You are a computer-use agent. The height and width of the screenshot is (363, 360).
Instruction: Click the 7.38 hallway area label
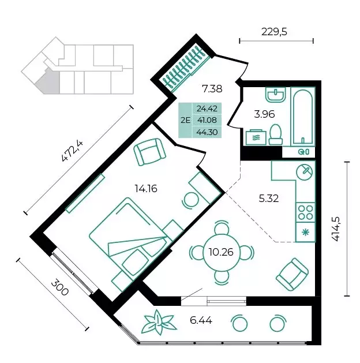(x=212, y=89)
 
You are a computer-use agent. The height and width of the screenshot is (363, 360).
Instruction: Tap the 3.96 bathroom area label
(x=264, y=114)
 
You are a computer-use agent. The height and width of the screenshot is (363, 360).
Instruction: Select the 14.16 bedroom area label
(x=146, y=189)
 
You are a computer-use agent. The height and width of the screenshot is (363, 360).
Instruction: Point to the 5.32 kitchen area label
(x=269, y=199)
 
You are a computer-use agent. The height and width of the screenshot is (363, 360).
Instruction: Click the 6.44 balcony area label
(x=201, y=321)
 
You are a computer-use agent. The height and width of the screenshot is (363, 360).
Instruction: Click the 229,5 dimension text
(x=274, y=32)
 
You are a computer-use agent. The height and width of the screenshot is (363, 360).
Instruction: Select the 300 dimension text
(x=59, y=287)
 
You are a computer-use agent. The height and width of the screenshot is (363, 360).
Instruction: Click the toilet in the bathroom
(x=276, y=134)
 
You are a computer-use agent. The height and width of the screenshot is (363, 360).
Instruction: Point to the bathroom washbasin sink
(x=276, y=95)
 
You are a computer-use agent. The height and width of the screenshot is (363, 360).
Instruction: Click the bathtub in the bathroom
(x=303, y=117)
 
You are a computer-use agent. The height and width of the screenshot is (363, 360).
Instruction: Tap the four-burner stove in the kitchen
(x=305, y=212)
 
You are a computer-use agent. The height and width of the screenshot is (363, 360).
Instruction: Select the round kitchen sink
(x=304, y=172)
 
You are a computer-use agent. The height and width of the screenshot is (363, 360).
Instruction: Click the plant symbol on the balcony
(x=159, y=323)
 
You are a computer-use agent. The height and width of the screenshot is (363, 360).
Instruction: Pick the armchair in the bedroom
(x=150, y=152)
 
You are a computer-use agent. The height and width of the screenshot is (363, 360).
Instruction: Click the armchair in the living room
(x=292, y=274)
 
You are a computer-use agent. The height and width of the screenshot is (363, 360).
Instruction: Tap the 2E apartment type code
(x=185, y=120)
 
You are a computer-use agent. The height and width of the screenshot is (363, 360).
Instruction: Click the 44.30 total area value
(x=207, y=132)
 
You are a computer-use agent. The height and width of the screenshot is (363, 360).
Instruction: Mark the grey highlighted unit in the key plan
(x=49, y=81)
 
